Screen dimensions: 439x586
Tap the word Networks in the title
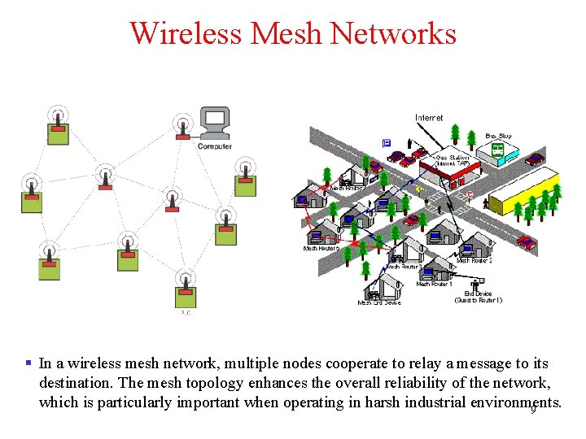391,33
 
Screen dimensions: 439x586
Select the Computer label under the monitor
214,146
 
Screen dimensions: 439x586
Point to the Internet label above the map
429,118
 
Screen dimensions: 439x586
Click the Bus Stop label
498,136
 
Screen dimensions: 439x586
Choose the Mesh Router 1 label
434,285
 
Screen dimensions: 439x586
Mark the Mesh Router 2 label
474,261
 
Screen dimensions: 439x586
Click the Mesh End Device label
379,303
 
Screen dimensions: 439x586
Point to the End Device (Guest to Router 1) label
478,297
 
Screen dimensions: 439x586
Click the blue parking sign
387,143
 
